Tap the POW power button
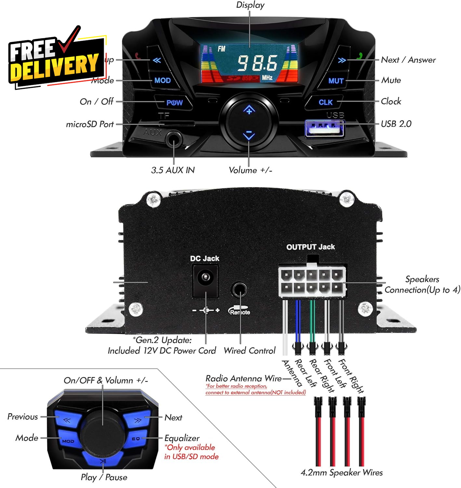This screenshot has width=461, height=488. tap(174, 103)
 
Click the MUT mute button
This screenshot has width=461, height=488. tap(336, 81)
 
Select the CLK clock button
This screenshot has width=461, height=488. tap(325, 102)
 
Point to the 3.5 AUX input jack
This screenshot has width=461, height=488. tap(174, 140)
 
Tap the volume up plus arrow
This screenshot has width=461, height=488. tap(249, 110)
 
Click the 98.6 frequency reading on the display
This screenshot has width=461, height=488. tap(257, 63)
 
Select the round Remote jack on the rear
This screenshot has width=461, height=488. tap(240, 289)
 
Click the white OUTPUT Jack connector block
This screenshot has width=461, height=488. tap(311, 281)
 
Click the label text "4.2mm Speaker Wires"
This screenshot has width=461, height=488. tap(341, 472)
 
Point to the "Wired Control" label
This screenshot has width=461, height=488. tap(249, 350)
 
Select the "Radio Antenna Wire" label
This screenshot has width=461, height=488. tap(244, 378)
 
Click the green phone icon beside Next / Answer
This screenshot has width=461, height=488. tap(359, 56)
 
